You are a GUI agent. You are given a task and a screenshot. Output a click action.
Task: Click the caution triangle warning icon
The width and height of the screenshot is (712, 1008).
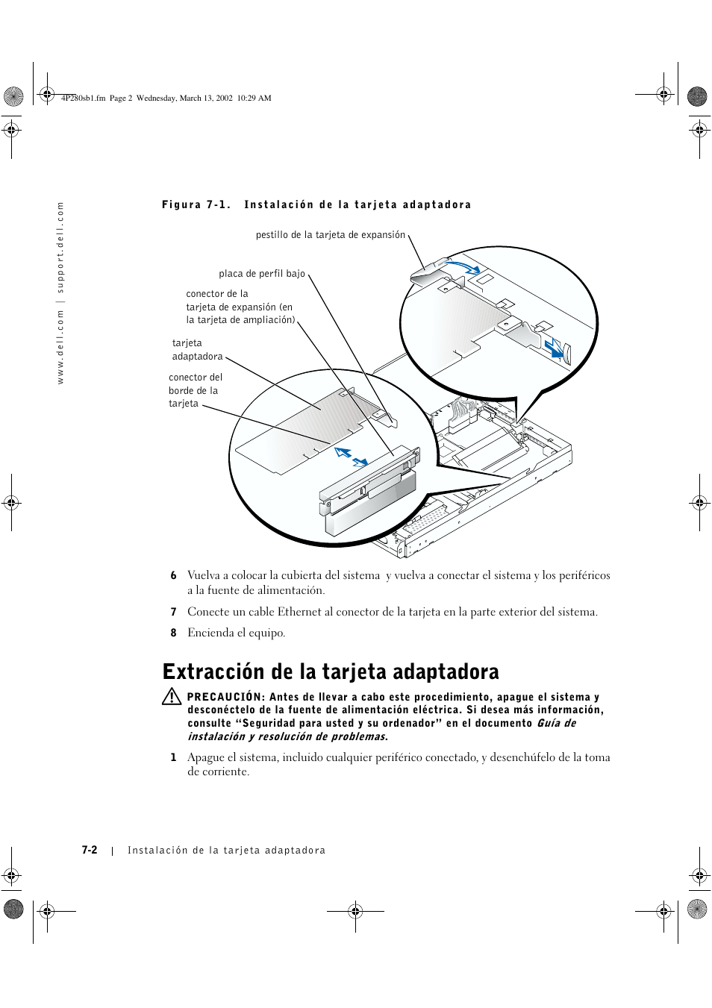pyautogui.click(x=172, y=697)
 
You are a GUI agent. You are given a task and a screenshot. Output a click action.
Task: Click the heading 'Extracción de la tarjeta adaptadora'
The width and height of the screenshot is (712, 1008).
pyautogui.click(x=331, y=672)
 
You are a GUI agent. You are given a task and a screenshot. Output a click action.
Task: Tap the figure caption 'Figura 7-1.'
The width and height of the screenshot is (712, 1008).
pyautogui.click(x=196, y=204)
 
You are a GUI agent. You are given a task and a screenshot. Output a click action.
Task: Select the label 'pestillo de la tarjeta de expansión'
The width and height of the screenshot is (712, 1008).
pyautogui.click(x=331, y=235)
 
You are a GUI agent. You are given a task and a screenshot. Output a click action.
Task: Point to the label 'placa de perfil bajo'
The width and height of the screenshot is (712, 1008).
pyautogui.click(x=262, y=274)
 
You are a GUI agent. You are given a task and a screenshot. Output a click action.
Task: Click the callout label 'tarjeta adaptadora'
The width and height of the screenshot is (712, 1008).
pyautogui.click(x=197, y=350)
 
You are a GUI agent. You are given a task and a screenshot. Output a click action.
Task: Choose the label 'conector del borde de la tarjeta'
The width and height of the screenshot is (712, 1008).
pyautogui.click(x=195, y=390)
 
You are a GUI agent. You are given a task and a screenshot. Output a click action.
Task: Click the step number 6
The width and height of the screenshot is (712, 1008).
pyautogui.click(x=173, y=575)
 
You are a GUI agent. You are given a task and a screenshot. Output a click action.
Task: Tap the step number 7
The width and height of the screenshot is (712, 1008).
pyautogui.click(x=173, y=612)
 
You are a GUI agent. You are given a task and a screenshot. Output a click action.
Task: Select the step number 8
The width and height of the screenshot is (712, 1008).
pyautogui.click(x=173, y=633)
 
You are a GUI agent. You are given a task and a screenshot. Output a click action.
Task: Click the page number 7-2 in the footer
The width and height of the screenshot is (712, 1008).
pyautogui.click(x=90, y=850)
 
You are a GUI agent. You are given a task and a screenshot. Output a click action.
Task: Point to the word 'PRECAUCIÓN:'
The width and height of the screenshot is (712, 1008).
pyautogui.click(x=225, y=697)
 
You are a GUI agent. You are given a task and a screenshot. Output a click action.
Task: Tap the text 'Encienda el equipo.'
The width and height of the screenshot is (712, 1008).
pyautogui.click(x=236, y=633)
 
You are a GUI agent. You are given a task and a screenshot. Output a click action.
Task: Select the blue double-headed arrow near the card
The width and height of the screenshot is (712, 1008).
pyautogui.click(x=351, y=457)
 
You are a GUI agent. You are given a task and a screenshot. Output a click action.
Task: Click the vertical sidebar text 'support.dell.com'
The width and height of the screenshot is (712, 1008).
pyautogui.click(x=61, y=248)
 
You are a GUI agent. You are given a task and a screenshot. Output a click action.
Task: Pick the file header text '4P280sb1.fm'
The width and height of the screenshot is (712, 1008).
pyautogui.click(x=83, y=98)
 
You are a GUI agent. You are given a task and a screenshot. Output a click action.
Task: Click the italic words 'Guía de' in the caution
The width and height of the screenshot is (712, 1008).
pyautogui.click(x=556, y=723)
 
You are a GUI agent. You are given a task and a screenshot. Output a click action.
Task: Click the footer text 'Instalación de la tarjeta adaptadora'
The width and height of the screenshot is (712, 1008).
pyautogui.click(x=226, y=850)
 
